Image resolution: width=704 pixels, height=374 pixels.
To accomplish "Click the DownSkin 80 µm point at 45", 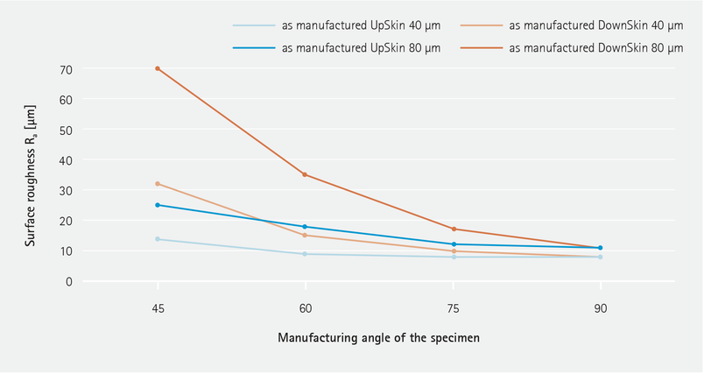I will coord(158,68).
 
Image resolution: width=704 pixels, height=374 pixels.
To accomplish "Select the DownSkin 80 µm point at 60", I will coord(305,174).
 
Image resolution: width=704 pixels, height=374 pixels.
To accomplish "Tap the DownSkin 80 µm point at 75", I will coord(453,229).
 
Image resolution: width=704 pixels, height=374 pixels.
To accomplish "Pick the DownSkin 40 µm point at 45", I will coord(158,184).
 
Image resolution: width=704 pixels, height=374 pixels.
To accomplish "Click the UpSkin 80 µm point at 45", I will coord(158,205).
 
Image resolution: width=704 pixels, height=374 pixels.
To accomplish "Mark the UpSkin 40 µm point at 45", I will coord(158,239).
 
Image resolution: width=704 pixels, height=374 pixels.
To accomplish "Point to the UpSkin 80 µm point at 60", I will coord(305,227).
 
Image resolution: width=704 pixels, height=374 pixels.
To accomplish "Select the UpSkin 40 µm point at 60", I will coord(305,254).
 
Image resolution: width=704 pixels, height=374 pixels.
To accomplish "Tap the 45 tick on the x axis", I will coord(158,309).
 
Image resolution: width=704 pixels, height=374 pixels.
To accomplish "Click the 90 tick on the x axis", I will coord(600,309).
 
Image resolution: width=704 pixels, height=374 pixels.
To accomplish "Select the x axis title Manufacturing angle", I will coord(378,337).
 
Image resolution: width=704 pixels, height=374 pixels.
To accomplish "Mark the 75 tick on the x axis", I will coord(453,309).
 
